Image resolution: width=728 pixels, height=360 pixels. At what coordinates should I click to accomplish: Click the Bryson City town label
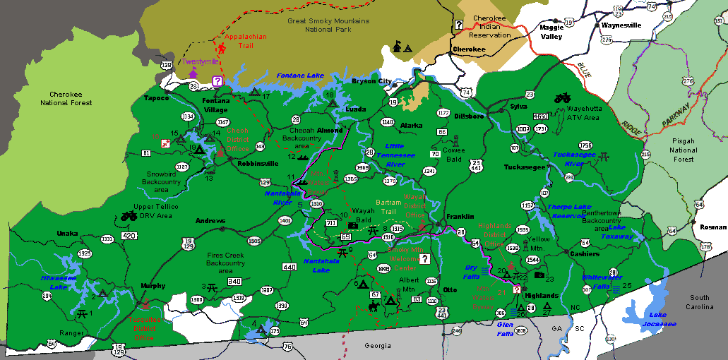point(371,81)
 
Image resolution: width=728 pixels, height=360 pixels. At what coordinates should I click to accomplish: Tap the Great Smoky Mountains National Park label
point(328,25)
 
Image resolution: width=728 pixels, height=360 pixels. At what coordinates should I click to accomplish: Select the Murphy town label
point(153,286)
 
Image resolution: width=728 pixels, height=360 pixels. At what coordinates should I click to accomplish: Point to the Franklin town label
point(459,216)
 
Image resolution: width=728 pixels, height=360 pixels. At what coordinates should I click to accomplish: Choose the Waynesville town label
point(621,25)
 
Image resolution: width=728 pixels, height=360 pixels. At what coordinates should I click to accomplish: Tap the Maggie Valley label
point(551,32)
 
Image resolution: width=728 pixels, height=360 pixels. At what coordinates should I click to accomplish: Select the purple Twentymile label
point(198,61)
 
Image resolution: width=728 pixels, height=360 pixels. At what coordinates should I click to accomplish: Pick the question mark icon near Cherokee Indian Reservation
point(459,25)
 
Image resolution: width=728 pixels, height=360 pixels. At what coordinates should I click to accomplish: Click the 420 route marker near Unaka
point(129,236)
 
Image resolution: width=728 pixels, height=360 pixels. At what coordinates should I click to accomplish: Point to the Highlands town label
point(542,295)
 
